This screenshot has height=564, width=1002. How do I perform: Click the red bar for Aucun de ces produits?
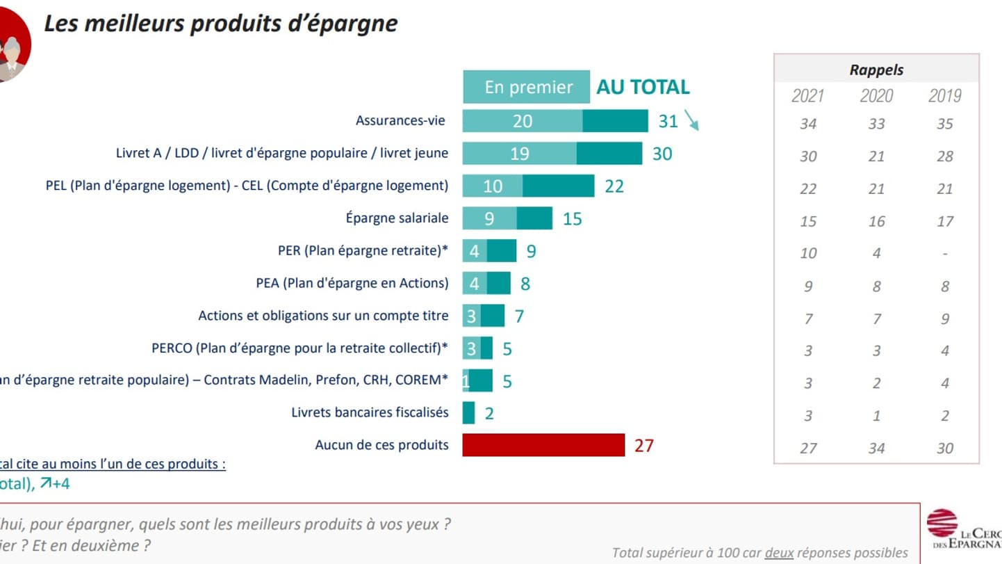[543, 445]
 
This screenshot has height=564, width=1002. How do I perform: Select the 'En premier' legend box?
[526, 87]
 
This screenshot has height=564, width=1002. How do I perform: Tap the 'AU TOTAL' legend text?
[643, 87]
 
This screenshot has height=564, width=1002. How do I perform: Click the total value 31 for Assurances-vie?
[668, 121]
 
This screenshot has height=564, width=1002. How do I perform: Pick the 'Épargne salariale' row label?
[397, 218]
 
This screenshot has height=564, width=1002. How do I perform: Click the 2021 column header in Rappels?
[808, 95]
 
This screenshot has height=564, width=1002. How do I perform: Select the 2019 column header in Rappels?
[944, 95]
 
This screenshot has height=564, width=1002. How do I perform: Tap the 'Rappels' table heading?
[876, 70]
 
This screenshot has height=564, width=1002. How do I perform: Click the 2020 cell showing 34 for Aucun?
[876, 448]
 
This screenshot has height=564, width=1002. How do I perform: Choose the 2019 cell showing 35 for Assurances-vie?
[944, 124]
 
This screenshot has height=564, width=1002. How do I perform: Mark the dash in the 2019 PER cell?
[944, 253]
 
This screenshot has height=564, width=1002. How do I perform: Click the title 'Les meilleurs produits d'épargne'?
[221, 23]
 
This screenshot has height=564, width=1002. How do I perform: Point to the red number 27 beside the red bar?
[644, 445]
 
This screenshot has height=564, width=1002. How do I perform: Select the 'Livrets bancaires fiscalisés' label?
[370, 412]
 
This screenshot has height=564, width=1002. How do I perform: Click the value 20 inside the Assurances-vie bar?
[523, 121]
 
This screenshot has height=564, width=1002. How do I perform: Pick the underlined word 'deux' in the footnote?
[779, 553]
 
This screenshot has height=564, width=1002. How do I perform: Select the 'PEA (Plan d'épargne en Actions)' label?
[352, 283]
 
